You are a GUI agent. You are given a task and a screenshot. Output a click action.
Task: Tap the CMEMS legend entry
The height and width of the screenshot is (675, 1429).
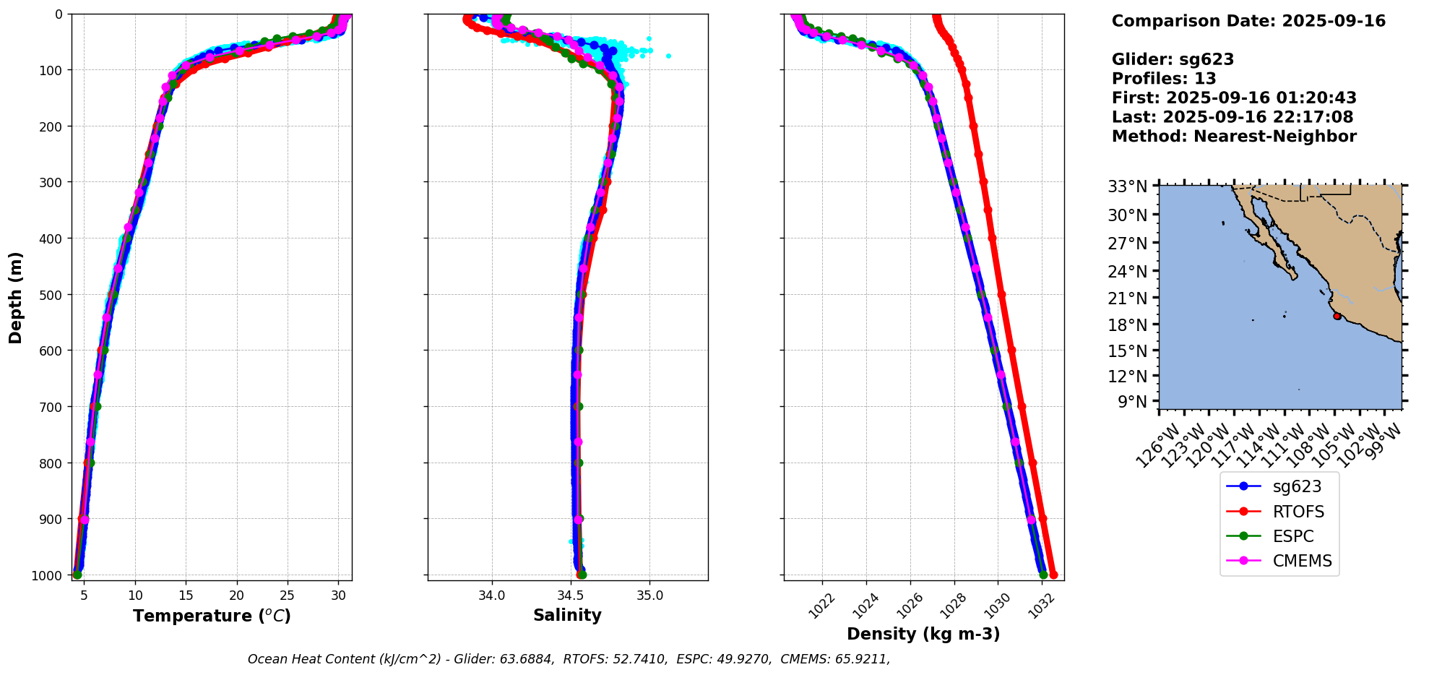click(1279, 561)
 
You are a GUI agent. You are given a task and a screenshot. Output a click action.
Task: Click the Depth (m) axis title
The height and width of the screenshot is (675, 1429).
click(16, 297)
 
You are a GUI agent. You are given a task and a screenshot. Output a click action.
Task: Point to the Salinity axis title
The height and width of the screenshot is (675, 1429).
click(567, 615)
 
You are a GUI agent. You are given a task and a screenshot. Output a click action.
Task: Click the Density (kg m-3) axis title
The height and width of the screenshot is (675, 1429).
click(923, 634)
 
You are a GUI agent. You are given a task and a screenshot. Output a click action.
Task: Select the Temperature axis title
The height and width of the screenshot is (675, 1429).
click(212, 616)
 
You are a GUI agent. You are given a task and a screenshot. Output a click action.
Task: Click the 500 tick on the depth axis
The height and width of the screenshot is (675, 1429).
click(53, 294)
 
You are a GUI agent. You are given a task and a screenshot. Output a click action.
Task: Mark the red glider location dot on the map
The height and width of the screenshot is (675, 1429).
click(1337, 316)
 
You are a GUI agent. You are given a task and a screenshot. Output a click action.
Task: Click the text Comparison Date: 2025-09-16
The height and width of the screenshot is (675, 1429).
click(1248, 21)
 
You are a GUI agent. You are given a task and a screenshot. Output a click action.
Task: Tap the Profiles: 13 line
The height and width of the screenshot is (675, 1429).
click(1164, 79)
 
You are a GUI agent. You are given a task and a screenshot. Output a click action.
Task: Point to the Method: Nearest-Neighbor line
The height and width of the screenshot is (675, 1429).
click(1234, 137)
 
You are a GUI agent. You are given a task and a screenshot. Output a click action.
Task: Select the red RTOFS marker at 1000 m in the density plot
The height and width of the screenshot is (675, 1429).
click(1053, 575)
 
